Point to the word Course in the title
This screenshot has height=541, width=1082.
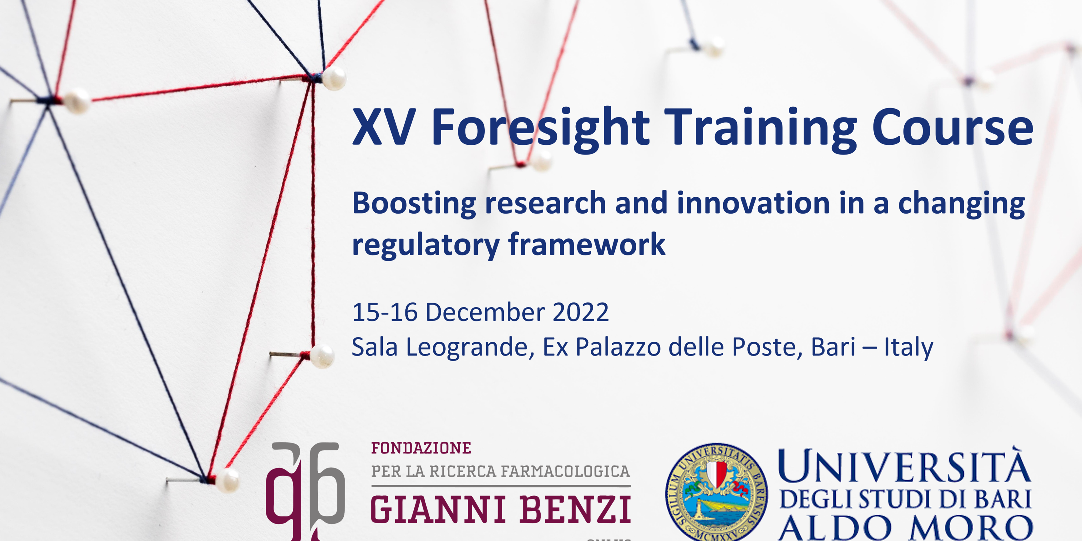tap(953, 127)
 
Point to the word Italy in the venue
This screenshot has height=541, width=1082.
tap(908, 347)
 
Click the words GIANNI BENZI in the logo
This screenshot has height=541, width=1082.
tap(500, 509)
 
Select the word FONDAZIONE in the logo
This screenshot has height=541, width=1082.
tap(421, 448)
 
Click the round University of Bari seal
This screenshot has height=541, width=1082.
tap(716, 492)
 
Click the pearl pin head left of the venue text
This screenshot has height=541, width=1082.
tap(322, 356)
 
